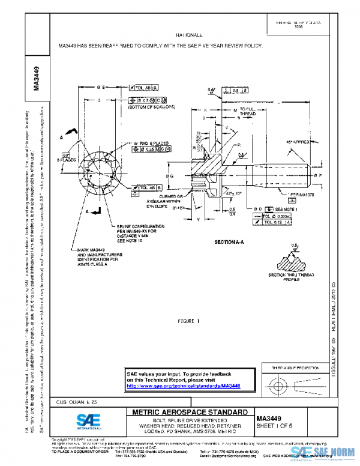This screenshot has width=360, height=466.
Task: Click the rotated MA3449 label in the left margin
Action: (x=37, y=77)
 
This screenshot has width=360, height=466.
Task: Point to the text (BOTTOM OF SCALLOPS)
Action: (x=151, y=107)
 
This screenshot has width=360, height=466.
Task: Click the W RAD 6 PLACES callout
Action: (x=151, y=143)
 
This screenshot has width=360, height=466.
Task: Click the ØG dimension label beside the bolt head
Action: (x=170, y=176)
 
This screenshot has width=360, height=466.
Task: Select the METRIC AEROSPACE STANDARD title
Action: (x=189, y=412)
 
